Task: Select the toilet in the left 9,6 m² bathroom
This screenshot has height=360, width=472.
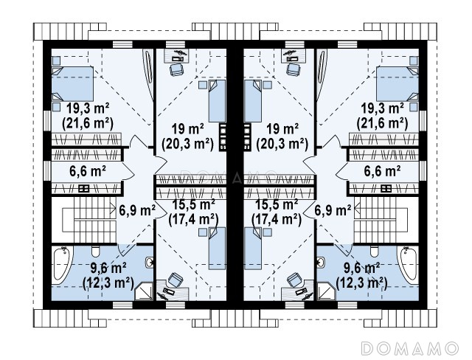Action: (96, 252)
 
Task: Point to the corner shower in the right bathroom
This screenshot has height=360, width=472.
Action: (325, 291)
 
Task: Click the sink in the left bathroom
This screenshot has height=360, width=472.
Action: (149, 263)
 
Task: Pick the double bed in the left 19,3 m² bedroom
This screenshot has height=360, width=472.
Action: (72, 84)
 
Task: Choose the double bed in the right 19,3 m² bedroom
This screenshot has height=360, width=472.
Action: (398, 84)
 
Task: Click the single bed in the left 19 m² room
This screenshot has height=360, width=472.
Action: (217, 101)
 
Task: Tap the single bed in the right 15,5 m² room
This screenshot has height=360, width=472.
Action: (252, 248)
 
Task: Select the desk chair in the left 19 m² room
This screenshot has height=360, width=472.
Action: (176, 70)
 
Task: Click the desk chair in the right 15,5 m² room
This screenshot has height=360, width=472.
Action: (294, 280)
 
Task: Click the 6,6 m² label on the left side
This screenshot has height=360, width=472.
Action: (88, 171)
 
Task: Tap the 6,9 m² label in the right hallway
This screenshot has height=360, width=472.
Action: (333, 210)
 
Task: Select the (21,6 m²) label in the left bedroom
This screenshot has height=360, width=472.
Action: (88, 123)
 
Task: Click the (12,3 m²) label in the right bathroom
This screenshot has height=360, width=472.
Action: (361, 283)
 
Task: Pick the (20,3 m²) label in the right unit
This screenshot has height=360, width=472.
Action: (282, 144)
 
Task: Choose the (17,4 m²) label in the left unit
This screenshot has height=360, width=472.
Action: (193, 219)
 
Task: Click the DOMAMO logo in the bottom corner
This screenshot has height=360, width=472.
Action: (410, 348)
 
